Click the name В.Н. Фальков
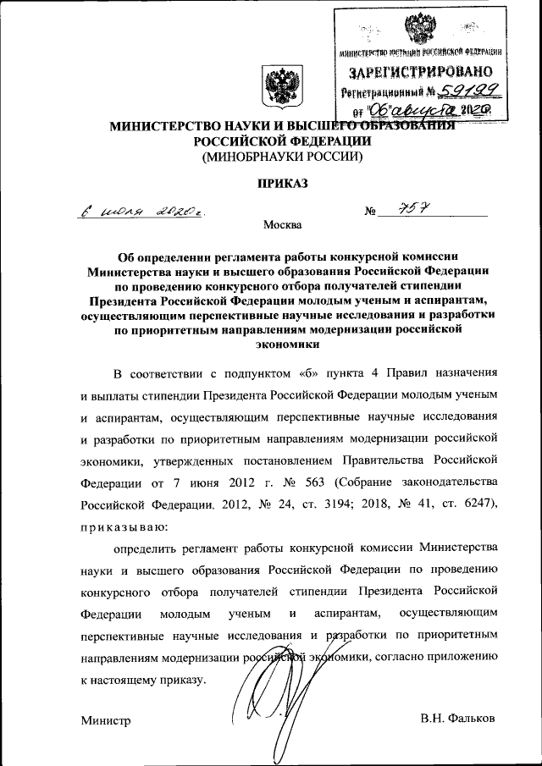click(x=457, y=719)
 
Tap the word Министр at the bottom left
click(x=107, y=720)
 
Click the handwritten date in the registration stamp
click(x=423, y=109)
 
